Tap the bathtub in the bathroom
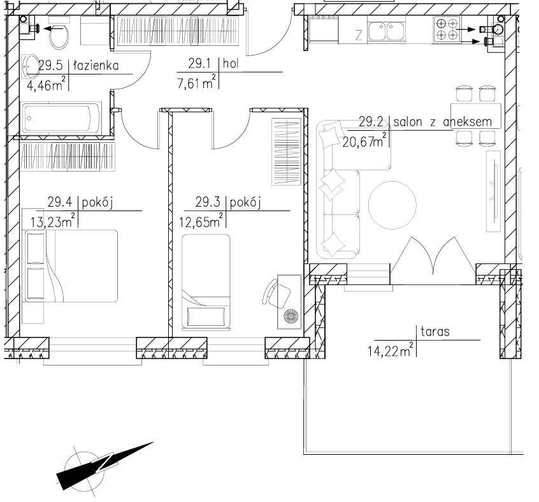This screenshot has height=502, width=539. click(61, 118)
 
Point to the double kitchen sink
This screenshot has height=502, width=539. click(386, 32)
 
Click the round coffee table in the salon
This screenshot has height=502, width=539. click(392, 205)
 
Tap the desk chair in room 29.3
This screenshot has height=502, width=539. click(277, 293)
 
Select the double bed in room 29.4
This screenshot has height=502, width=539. click(71, 266)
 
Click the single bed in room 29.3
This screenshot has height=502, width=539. click(206, 282)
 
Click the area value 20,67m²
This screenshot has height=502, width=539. click(364, 140)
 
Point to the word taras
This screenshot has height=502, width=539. click(435, 332)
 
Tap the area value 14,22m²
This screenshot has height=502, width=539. click(391, 350)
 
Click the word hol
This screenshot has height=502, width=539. click(231, 64)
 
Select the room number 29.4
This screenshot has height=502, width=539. click(60, 202)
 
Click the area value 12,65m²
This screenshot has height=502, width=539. click(201, 221)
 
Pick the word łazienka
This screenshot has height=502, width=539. click(96, 65)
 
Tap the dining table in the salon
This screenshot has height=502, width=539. click(476, 115)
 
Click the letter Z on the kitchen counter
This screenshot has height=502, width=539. click(359, 35)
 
